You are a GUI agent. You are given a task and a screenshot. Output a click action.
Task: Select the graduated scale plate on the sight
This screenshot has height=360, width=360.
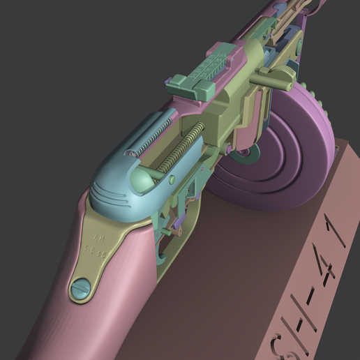212,66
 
